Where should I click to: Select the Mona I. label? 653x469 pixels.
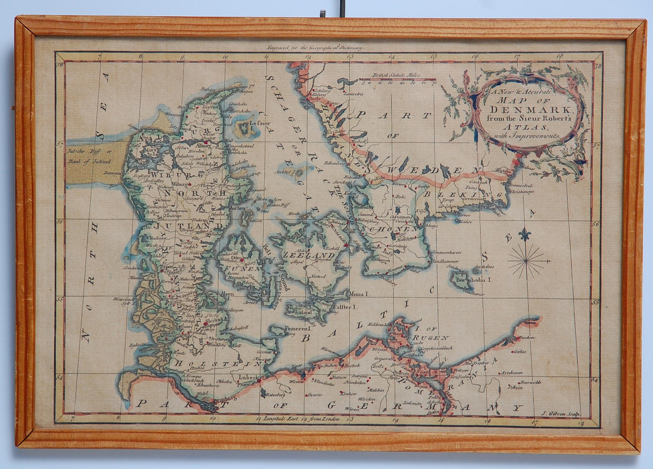click(x=360, y=293)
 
